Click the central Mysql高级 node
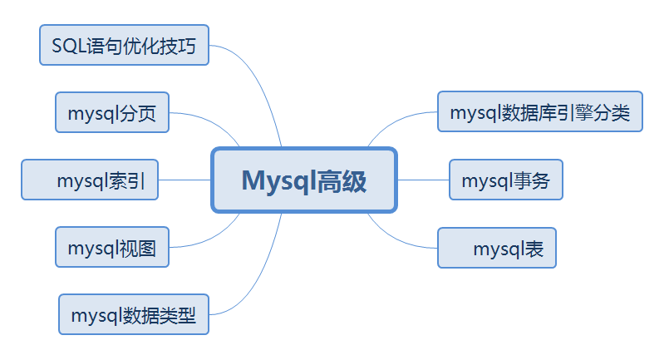[x=304, y=180]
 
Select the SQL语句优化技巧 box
[x=124, y=45]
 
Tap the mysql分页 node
[x=112, y=112]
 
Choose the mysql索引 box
[x=90, y=180]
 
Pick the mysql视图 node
[x=112, y=247]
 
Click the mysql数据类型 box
[x=134, y=314]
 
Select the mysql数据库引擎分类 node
[x=540, y=111]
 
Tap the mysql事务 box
[x=506, y=180]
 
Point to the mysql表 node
[x=497, y=248]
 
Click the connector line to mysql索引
[x=184, y=180]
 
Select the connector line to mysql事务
[x=423, y=180]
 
